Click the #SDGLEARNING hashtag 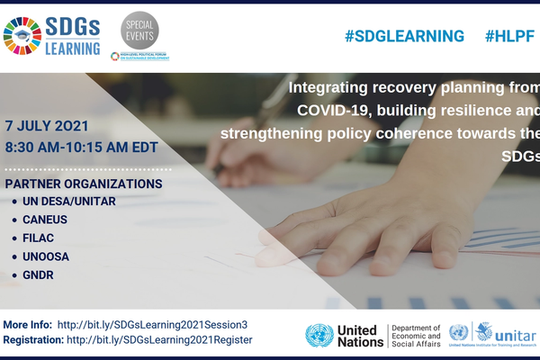pos(404,36)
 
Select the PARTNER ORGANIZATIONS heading pos(84,184)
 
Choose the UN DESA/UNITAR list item pos(69,201)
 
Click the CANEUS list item pos(45,219)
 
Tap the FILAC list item pos(40,238)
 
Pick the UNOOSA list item pos(46,256)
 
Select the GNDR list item pos(40,274)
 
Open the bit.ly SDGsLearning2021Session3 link pos(152,324)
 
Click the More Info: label pos(28,324)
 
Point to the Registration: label pos(33,340)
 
